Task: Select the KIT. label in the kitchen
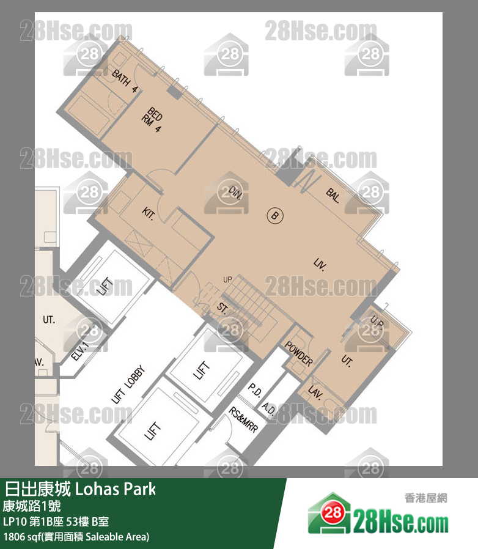148,213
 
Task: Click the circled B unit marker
274,215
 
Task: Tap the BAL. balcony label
333,196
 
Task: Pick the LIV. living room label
319,265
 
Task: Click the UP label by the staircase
227,280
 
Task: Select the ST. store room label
222,309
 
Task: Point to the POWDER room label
299,352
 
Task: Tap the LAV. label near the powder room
315,391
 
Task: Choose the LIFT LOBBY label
128,385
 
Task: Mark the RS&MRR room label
243,421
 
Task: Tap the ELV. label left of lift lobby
80,352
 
